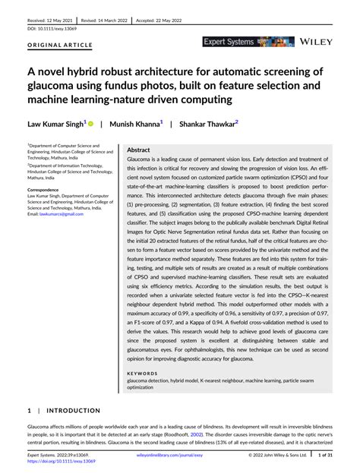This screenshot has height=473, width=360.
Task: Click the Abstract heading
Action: click(139, 150)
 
